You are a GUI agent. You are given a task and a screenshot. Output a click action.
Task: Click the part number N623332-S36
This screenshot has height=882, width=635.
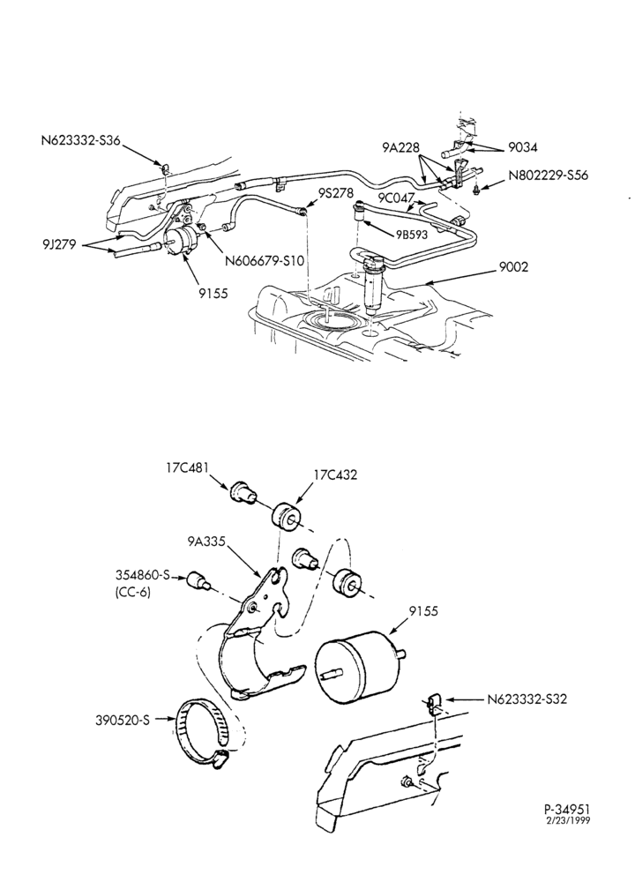tap(80, 140)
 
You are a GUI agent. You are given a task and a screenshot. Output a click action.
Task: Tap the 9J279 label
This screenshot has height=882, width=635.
tap(59, 244)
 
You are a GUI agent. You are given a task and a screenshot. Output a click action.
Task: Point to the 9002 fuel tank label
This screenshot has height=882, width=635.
tap(513, 266)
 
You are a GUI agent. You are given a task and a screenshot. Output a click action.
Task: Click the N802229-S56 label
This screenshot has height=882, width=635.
tap(548, 175)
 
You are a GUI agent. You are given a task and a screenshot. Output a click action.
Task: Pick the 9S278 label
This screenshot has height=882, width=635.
tap(335, 193)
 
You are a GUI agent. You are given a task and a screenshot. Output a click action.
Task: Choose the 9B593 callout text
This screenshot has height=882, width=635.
tap(411, 235)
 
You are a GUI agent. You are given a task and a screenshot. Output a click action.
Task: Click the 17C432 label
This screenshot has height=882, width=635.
tap(335, 475)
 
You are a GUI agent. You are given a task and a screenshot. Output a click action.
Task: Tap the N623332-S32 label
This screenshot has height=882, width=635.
tap(527, 699)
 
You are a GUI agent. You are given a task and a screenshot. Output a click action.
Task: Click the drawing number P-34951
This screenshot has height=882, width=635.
tap(567, 808)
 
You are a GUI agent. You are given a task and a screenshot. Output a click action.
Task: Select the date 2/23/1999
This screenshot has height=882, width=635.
tap(568, 819)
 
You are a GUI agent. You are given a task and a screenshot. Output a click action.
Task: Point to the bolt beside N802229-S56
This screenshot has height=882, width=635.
tap(477, 191)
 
